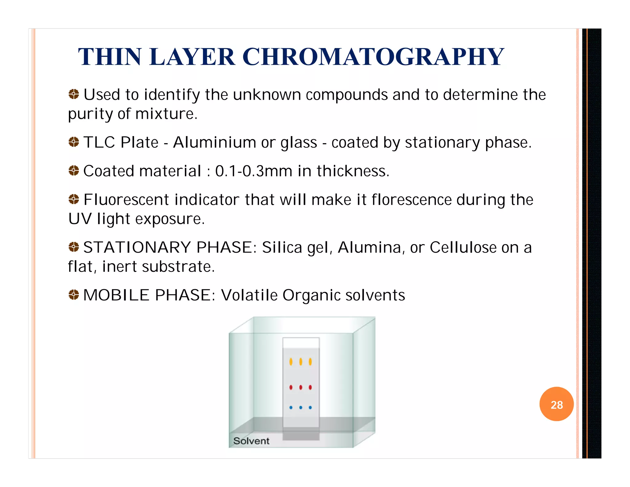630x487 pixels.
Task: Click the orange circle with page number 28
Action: (x=556, y=404)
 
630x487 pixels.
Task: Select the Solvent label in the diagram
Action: (x=251, y=441)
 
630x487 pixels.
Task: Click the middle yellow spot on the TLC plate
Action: (x=301, y=362)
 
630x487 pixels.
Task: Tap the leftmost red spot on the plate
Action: (x=291, y=387)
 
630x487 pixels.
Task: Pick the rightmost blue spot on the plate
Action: (x=310, y=408)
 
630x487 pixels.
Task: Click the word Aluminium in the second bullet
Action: (x=214, y=143)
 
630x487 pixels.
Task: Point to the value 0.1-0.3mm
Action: (x=253, y=171)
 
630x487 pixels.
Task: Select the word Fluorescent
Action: (x=126, y=200)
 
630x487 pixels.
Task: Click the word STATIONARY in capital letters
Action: (x=137, y=248)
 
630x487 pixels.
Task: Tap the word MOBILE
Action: (x=116, y=295)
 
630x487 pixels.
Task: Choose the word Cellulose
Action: (x=463, y=248)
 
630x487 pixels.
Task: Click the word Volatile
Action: (x=249, y=295)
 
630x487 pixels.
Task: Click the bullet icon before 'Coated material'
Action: (x=74, y=170)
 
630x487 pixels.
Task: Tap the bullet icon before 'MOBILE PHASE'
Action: (x=74, y=295)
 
